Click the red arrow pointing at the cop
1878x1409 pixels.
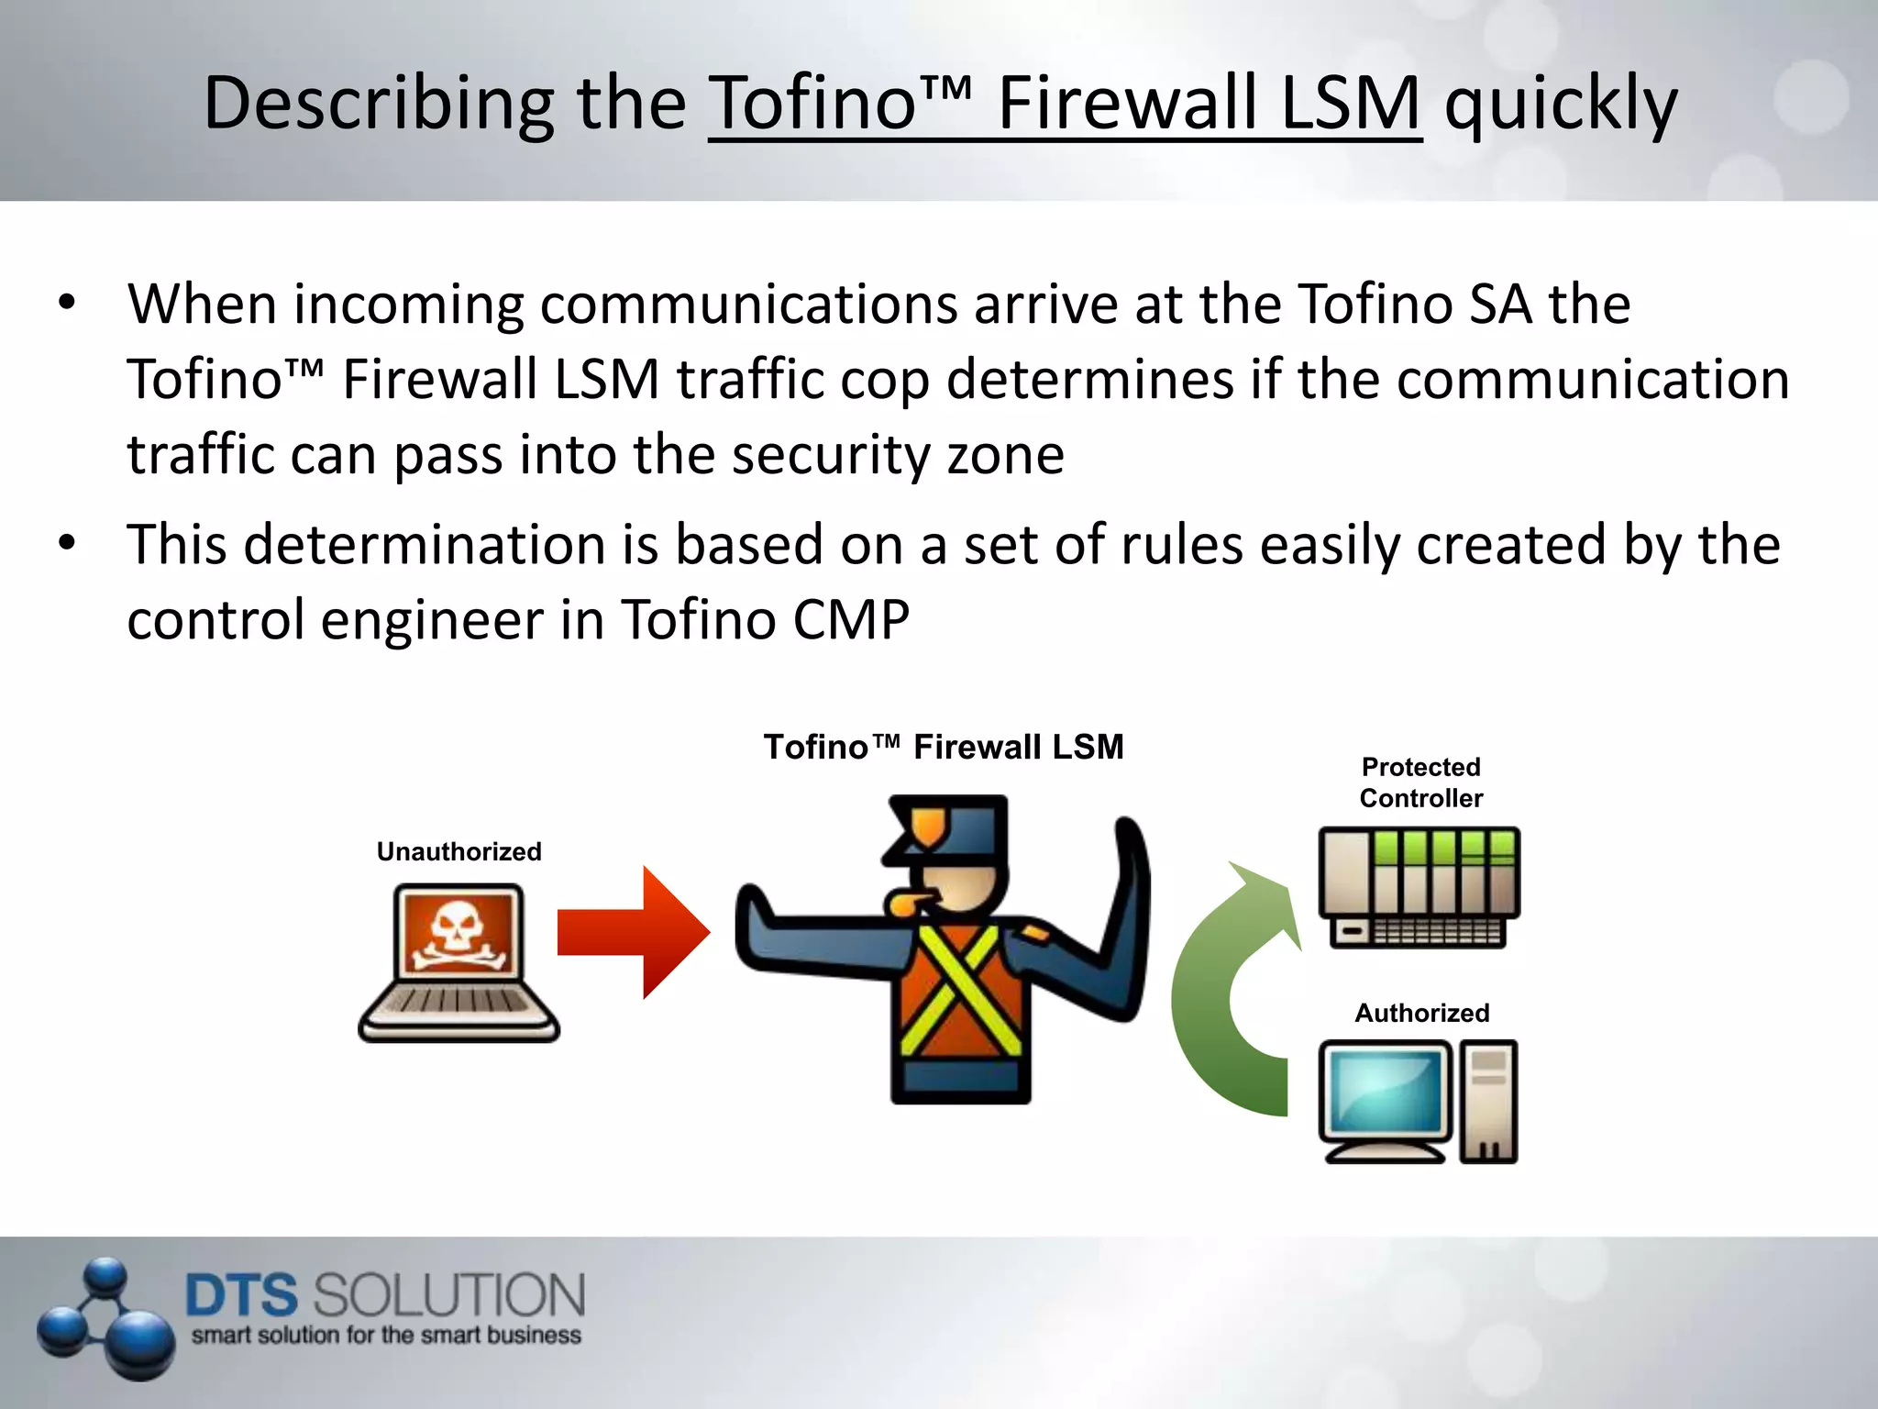633,932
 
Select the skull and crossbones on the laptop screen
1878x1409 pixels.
457,936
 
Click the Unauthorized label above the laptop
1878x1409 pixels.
458,851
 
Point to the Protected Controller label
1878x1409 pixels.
1420,782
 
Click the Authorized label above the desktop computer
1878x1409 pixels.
1421,1013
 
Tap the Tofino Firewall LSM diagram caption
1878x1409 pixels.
944,747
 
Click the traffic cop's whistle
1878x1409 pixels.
903,903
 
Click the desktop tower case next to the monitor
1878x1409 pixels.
1487,1101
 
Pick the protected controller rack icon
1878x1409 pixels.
1419,886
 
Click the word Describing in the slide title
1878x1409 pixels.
378,103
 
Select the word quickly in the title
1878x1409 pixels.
1561,103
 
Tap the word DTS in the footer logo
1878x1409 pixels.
241,1294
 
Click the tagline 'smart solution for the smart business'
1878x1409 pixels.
386,1336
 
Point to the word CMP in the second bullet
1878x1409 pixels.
851,619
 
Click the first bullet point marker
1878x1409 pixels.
67,303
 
